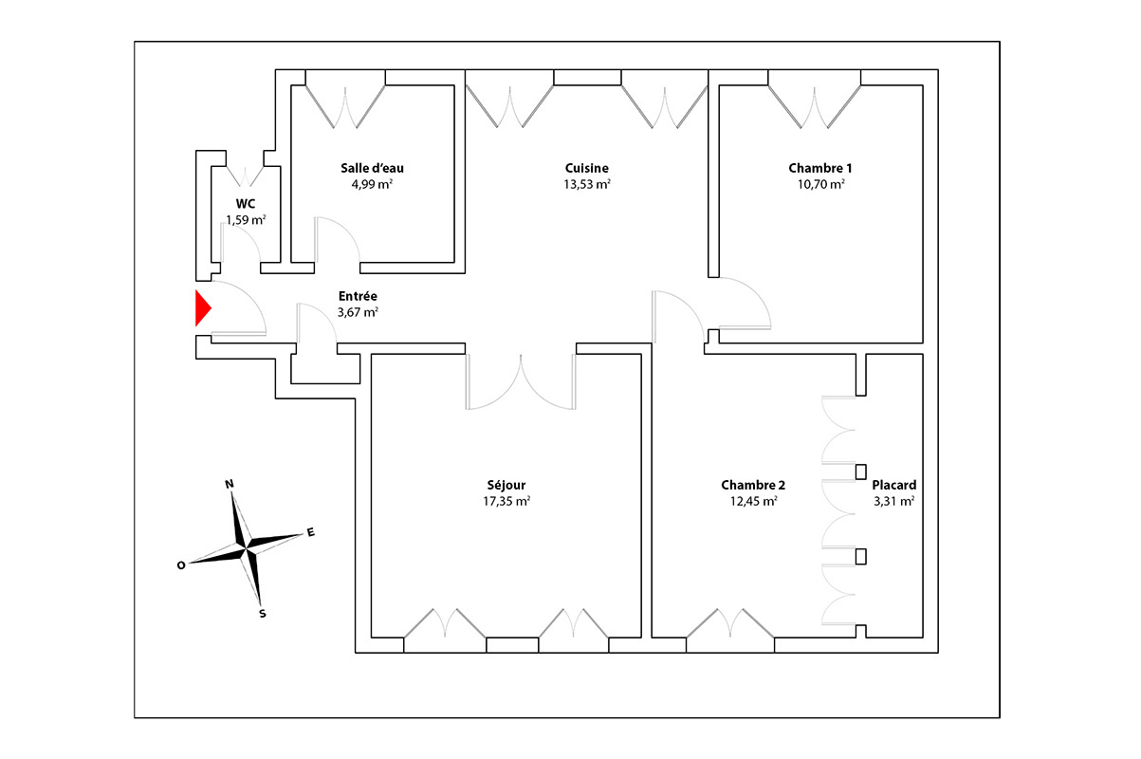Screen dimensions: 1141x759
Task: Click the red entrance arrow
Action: tap(203, 307)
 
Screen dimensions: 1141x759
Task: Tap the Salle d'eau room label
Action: tap(372, 168)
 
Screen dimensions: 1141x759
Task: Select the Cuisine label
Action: tap(587, 168)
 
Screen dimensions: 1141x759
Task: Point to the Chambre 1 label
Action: tap(820, 168)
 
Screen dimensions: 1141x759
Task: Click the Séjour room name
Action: tap(506, 485)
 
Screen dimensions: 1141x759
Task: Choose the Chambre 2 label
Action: tap(753, 485)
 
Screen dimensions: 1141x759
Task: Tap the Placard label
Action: tap(894, 485)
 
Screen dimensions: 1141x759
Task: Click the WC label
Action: tap(246, 204)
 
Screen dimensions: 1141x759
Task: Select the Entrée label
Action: tap(358, 296)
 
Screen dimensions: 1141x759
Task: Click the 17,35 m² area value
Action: tap(506, 501)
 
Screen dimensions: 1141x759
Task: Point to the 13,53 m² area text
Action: tap(587, 184)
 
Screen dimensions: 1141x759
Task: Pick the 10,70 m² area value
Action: tap(820, 184)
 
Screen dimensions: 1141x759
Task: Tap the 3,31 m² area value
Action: tap(894, 501)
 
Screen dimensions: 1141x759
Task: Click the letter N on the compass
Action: tap(230, 484)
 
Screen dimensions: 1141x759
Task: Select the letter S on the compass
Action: tap(263, 614)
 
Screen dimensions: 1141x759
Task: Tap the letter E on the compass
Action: tap(311, 532)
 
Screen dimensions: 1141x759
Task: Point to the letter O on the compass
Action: tap(181, 565)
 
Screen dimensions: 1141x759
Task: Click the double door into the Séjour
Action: tap(521, 381)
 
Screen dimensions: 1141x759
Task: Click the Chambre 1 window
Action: tap(814, 100)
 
